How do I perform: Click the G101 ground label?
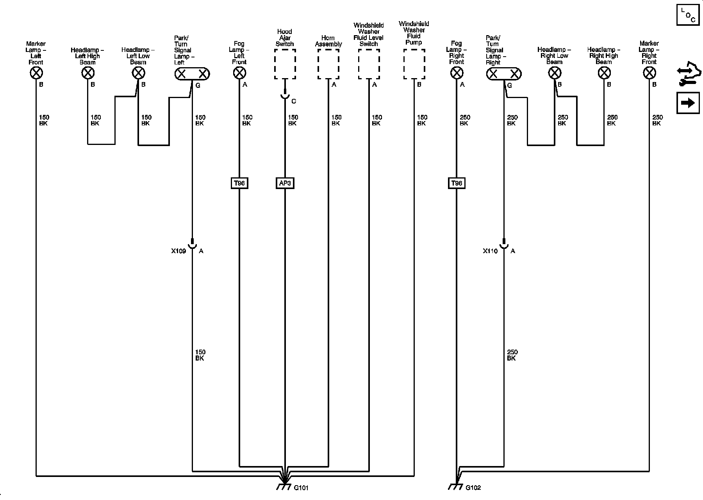pos(301,488)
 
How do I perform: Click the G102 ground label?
pos(473,488)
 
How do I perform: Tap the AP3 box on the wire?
pos(285,183)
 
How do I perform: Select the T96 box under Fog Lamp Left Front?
pos(239,183)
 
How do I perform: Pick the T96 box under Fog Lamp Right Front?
pos(457,183)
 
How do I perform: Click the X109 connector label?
pos(178,251)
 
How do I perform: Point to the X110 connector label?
pos(490,251)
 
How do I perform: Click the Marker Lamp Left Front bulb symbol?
pos(36,73)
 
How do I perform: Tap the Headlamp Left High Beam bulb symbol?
pos(88,73)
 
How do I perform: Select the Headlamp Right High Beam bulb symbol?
pos(604,73)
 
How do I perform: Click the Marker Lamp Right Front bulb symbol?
pos(649,73)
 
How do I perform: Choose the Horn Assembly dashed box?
pos(328,64)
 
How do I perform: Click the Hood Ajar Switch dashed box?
pos(285,64)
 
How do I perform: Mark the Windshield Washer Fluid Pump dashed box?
pos(414,64)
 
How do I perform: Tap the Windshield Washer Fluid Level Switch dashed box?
pos(369,64)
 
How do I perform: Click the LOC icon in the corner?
pos(688,15)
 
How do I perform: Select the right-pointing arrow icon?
pos(688,103)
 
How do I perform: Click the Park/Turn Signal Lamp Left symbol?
pos(192,74)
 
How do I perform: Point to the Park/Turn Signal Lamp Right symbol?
pos(504,74)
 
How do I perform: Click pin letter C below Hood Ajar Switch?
pos(294,102)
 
